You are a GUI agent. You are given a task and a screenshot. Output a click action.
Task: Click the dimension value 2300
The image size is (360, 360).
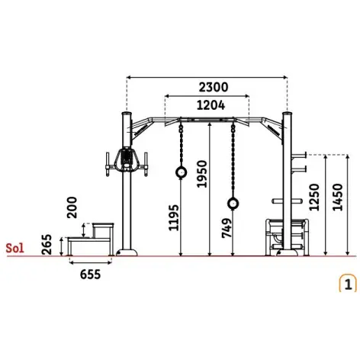coord(214,87)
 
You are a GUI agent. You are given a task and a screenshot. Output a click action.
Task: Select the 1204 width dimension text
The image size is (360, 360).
coord(211,105)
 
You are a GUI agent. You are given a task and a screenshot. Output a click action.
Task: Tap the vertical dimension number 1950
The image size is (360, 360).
coord(203,174)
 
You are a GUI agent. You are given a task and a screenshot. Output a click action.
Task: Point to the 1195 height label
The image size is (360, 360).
coord(174,217)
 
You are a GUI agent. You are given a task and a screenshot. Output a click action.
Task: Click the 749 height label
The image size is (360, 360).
coord(227,228)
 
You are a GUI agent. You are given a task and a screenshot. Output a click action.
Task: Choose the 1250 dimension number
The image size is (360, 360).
coord(314,197)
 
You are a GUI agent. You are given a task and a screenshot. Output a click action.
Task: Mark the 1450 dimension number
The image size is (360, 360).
coord(338,197)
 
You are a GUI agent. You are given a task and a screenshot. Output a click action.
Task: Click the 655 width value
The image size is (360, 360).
coord(91,275)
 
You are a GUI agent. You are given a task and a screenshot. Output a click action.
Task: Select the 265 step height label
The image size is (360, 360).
coord(47,245)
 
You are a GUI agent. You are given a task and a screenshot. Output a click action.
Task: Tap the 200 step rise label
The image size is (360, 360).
coord(72,207)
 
